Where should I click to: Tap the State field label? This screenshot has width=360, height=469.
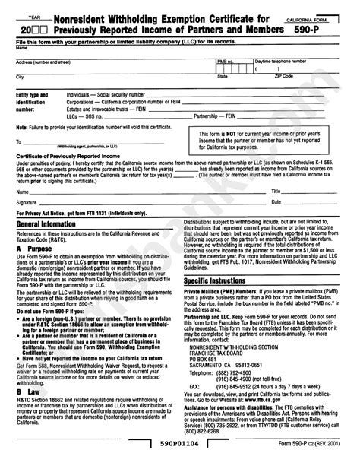[223, 77]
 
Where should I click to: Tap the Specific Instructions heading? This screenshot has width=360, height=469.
[216, 280]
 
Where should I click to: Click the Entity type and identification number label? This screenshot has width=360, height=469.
[33, 104]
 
